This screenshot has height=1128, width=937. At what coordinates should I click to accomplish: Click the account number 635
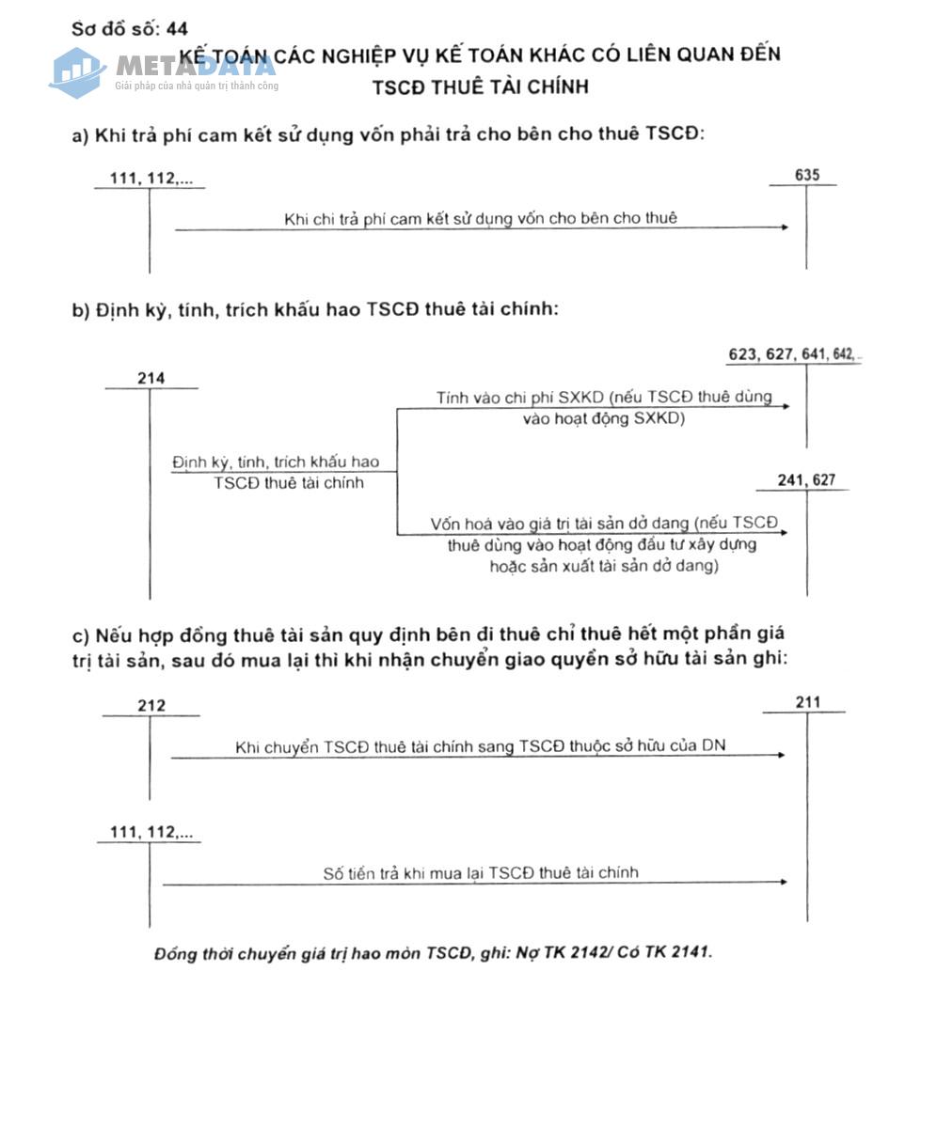[806, 175]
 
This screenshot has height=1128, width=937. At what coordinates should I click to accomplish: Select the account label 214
[151, 378]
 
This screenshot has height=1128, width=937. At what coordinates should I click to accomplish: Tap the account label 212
[151, 705]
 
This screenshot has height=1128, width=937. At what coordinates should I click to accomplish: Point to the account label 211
[807, 702]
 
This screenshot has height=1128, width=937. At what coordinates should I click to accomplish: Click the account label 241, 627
[806, 480]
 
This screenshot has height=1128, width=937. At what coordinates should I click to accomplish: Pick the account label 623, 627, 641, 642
[792, 354]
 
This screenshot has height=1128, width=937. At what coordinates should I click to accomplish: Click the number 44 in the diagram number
[177, 29]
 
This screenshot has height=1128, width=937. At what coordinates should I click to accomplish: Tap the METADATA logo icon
[77, 71]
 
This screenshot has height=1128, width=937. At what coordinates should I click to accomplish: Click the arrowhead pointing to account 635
[785, 227]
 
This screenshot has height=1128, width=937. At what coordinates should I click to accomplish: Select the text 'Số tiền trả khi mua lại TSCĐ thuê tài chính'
[481, 872]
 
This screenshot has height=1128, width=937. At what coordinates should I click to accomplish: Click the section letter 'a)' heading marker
[80, 134]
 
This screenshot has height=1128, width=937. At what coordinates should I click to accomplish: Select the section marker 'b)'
[81, 310]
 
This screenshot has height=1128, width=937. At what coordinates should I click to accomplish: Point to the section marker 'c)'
[80, 634]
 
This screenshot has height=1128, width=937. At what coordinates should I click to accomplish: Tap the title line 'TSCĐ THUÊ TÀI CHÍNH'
[480, 86]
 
